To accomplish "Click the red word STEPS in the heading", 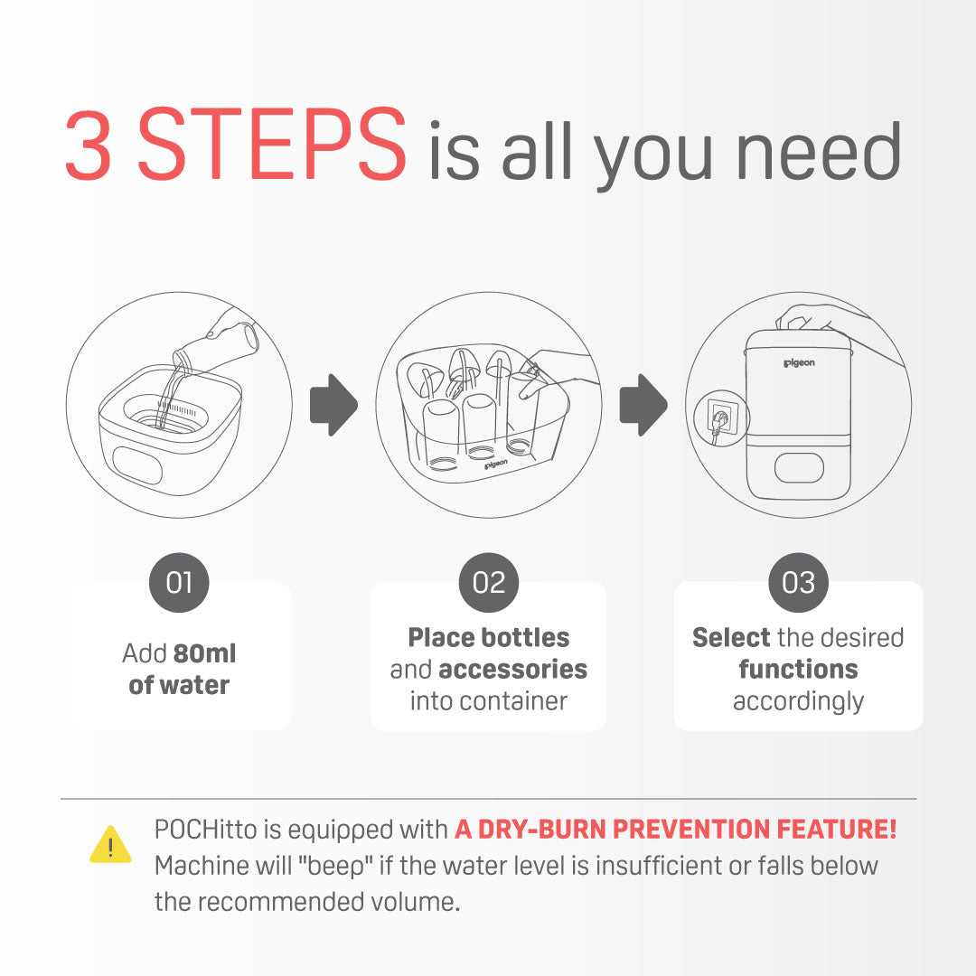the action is [x=271, y=144].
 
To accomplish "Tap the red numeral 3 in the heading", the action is [x=89, y=145].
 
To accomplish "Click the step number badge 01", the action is [x=179, y=583].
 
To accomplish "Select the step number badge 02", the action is [x=489, y=583].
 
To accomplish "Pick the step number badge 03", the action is [x=799, y=583].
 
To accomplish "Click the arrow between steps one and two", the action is [x=334, y=405].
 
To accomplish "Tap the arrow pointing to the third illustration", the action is [x=643, y=405].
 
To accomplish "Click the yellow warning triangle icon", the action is [x=110, y=845].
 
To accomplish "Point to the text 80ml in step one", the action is [x=205, y=653].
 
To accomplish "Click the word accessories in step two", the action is [x=513, y=669].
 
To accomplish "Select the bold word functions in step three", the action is [x=799, y=669].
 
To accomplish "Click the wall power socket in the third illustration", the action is [x=722, y=418].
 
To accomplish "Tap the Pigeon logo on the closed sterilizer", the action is [x=799, y=363].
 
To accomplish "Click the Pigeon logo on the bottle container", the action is [x=496, y=465].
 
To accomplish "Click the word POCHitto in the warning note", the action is [x=205, y=830].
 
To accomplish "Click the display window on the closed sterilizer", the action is [x=799, y=468].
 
